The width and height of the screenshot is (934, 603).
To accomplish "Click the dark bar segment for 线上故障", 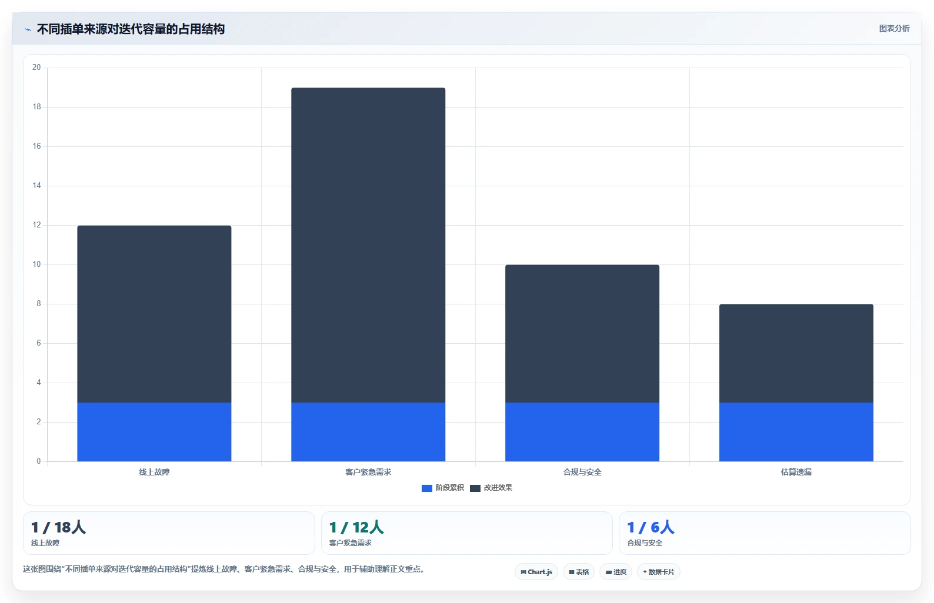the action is (x=154, y=314).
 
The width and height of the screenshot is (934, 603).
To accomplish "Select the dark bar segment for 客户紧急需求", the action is (x=368, y=245).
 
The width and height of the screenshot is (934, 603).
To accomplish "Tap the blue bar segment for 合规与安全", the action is (x=582, y=432).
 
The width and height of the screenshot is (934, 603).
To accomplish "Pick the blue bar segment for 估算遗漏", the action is (x=796, y=432).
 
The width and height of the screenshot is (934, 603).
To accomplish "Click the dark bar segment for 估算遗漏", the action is (x=796, y=353).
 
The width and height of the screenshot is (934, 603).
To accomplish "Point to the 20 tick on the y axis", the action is (x=36, y=67).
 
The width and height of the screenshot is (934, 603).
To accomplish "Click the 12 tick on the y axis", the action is (x=36, y=225).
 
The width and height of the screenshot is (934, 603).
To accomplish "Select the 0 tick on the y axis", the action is (x=39, y=461).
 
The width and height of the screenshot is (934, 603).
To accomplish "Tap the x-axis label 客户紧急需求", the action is (x=368, y=472).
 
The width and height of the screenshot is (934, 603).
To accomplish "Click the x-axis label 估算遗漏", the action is (x=796, y=472).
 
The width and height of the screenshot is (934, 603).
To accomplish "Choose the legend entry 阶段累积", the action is (x=442, y=488).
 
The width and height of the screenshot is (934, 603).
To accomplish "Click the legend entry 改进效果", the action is (x=491, y=488).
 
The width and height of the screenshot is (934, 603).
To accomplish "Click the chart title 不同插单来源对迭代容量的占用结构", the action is (x=131, y=29).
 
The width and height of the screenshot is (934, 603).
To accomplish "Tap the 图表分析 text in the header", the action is (x=894, y=28).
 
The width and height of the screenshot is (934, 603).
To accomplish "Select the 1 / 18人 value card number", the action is (x=58, y=528).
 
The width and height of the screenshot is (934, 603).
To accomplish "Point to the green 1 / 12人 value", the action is (x=356, y=528).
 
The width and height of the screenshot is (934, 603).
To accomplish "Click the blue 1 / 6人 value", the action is (x=651, y=528).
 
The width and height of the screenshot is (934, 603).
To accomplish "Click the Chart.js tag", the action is (x=536, y=572).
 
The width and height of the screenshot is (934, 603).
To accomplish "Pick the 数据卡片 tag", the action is (x=658, y=572).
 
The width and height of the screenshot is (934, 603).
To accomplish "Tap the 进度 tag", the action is (x=616, y=572).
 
